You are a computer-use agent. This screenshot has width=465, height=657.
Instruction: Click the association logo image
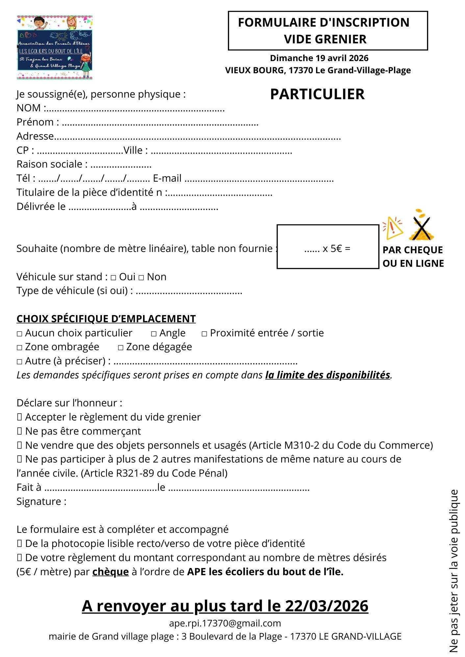click(55, 47)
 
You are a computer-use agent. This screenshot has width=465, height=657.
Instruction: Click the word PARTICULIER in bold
click(317, 94)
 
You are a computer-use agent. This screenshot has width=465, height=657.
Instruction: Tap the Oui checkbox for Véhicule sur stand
click(113, 278)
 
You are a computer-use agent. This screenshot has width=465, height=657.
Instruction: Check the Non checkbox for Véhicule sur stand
click(141, 278)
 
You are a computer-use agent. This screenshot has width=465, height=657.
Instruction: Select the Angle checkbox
click(154, 334)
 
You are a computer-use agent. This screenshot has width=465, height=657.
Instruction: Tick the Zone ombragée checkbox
click(19, 348)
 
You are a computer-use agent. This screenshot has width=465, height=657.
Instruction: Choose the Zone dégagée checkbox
click(121, 348)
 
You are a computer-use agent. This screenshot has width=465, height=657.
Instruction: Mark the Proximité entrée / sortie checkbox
click(204, 334)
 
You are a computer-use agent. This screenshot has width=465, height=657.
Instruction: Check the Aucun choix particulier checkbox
click(19, 334)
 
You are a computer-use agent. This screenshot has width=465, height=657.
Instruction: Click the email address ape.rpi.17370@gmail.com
click(225, 623)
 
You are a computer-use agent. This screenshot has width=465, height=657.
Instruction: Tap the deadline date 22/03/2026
click(326, 606)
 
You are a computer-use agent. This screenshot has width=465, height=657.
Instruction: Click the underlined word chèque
click(110, 572)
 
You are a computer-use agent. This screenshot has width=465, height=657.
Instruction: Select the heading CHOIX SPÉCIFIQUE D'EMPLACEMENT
click(106, 319)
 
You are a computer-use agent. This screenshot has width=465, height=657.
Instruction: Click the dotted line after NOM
click(135, 109)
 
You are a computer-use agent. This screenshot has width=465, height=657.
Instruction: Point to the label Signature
click(41, 501)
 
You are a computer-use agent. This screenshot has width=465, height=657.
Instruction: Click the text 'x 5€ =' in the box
click(336, 249)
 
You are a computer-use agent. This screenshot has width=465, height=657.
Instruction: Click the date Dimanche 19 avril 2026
click(319, 58)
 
